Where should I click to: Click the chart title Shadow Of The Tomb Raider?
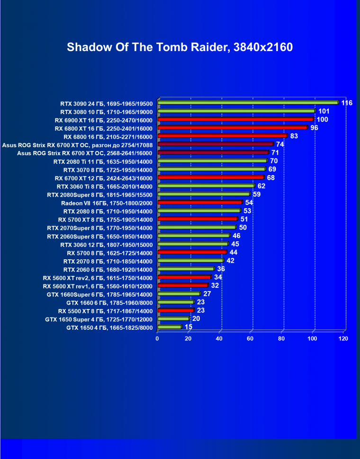(180, 47)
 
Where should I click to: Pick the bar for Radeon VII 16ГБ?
(199, 202)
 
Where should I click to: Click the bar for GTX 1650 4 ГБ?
(169, 327)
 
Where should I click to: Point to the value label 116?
(347, 103)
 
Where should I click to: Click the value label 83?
(294, 136)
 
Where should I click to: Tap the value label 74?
(280, 144)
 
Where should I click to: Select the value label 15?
(189, 327)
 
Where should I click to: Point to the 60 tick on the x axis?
(250, 339)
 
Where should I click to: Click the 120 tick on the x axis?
(343, 339)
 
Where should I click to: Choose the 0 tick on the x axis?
(157, 339)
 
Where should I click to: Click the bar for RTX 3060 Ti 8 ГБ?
(206, 186)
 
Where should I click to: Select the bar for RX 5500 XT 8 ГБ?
(175, 310)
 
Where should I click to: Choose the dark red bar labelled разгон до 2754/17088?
(215, 144)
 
